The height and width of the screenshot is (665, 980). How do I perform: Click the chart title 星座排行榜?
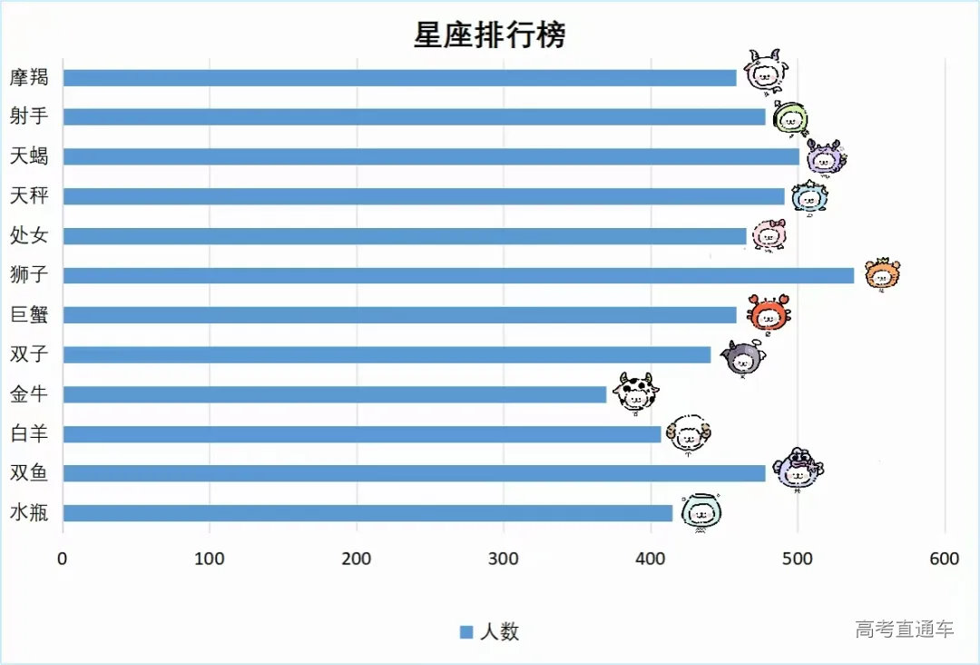point(490,35)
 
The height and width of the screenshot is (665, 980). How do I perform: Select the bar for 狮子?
point(458,275)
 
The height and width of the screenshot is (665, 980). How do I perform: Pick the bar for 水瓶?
point(367,513)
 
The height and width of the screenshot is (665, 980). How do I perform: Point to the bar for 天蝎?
point(431,156)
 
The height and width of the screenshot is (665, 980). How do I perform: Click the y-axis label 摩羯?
point(29,77)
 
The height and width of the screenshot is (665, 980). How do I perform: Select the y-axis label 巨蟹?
point(29,315)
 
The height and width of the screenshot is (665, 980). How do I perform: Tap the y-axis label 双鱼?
point(29,473)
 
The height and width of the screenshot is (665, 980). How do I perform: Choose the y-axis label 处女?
point(29,236)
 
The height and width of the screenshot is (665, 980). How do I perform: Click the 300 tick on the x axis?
point(504,559)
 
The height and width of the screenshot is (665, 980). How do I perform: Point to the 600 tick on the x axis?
point(945,559)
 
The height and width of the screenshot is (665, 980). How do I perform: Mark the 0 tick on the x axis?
point(62,559)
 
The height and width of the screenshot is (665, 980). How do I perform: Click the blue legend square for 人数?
point(466,632)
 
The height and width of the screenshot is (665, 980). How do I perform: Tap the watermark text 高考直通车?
point(904,629)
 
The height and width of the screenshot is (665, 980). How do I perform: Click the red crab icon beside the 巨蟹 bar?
point(769,313)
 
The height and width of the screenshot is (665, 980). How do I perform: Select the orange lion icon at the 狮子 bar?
point(882,273)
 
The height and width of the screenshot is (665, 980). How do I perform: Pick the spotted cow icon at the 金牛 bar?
point(634,392)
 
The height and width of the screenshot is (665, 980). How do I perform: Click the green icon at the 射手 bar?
point(790,117)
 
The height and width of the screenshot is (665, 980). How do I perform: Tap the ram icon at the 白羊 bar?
point(689,434)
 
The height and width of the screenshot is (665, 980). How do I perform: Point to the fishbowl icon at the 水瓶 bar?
point(701,512)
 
